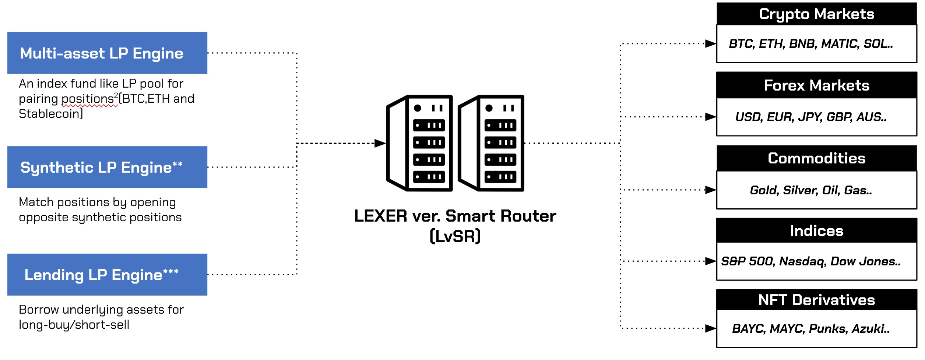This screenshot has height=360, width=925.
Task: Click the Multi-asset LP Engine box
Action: pyautogui.click(x=107, y=53)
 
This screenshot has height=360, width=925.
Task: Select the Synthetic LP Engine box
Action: pyautogui.click(x=107, y=167)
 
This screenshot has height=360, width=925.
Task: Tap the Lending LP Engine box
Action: pyautogui.click(x=107, y=275)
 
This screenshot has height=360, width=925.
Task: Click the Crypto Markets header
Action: pyautogui.click(x=816, y=14)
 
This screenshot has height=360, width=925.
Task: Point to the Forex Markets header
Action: pyautogui.click(x=816, y=85)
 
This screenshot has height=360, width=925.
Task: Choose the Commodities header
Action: pyautogui.click(x=816, y=158)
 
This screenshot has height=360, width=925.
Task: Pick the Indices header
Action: pyautogui.click(x=816, y=231)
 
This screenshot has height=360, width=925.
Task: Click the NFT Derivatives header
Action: pyautogui.click(x=816, y=300)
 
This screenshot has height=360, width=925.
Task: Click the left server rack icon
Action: pyautogui.click(x=420, y=143)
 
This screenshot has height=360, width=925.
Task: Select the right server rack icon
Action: pyautogui.click(x=491, y=143)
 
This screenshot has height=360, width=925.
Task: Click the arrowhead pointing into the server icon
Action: pyautogui.click(x=380, y=143)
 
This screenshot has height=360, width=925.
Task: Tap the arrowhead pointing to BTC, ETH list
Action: pyautogui.click(x=710, y=44)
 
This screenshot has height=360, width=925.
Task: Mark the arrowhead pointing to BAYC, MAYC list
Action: pyautogui.click(x=710, y=328)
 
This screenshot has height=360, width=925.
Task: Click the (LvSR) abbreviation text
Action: pyautogui.click(x=455, y=236)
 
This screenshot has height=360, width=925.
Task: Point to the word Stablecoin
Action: pyautogui.click(x=49, y=114)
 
